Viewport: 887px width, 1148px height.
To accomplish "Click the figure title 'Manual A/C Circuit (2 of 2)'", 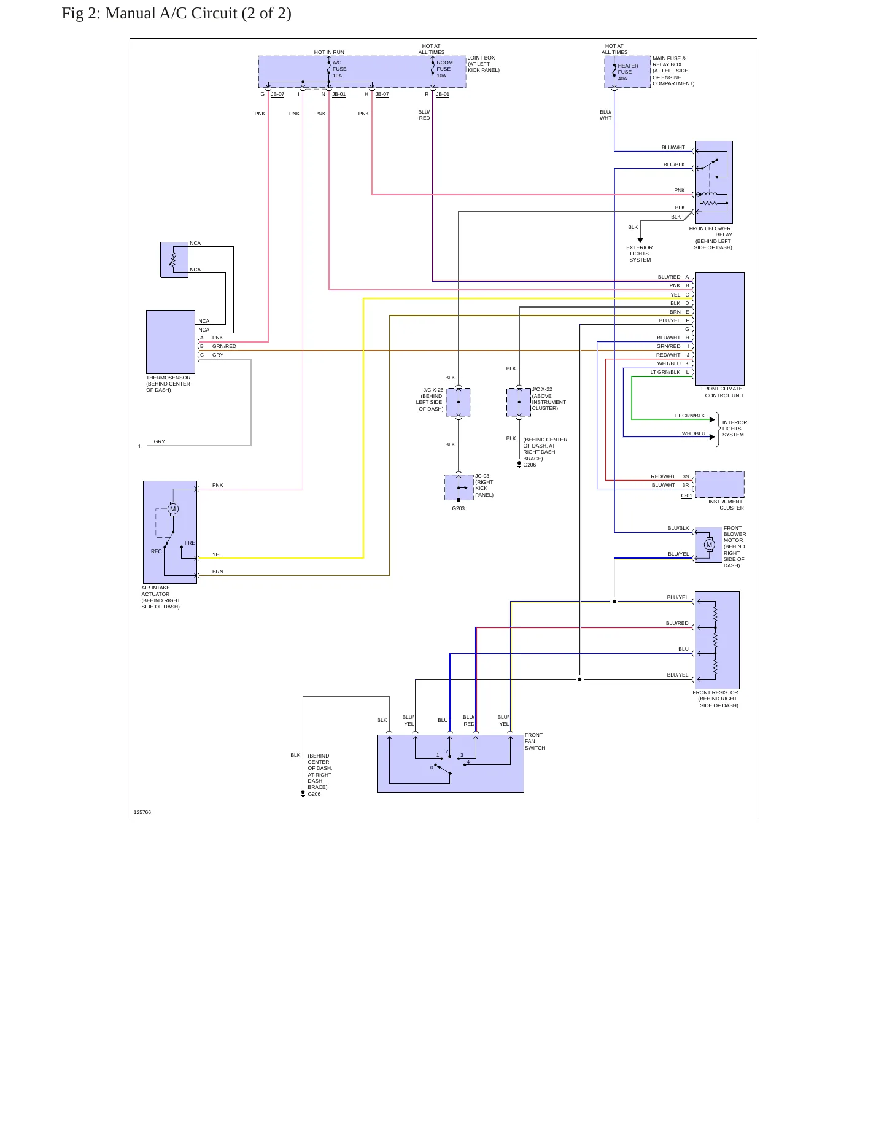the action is click(198, 14).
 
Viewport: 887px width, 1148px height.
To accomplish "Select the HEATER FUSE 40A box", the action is click(627, 72).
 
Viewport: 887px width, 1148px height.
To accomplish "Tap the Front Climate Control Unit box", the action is click(719, 328).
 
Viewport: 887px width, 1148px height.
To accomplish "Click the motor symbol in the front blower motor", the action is click(710, 545).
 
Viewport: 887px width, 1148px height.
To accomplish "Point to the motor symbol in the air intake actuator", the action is click(173, 509).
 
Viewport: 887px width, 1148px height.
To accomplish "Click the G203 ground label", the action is click(459, 508).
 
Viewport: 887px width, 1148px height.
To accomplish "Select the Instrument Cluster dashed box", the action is click(719, 484).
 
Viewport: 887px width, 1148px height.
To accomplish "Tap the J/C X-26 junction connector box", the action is click(458, 402).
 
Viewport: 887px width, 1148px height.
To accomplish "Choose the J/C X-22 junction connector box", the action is click(519, 402).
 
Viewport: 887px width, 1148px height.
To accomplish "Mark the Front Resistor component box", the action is click(717, 640).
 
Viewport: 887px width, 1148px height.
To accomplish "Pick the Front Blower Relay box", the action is click(714, 182).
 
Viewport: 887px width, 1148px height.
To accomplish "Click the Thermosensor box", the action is click(171, 342).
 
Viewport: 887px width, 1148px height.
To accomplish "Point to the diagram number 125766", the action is click(142, 812).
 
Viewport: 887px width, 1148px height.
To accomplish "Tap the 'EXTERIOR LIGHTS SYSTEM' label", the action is click(640, 254).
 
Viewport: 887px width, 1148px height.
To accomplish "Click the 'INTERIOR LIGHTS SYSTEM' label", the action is click(735, 429).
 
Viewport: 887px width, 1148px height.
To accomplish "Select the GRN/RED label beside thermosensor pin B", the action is click(224, 346).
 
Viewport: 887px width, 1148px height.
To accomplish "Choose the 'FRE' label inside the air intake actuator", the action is click(190, 543).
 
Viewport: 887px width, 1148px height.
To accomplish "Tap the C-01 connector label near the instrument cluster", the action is click(686, 495).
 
